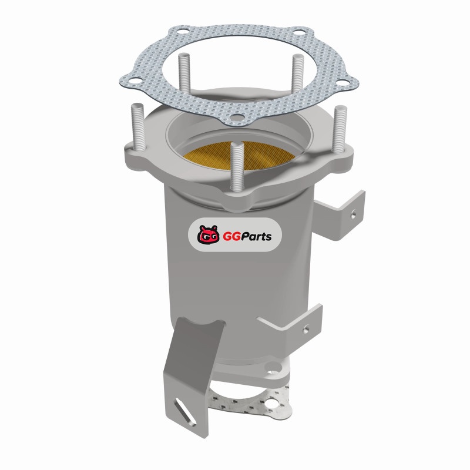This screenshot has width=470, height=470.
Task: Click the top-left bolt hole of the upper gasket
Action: click(x=183, y=31)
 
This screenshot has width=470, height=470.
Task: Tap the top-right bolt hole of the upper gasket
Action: click(x=298, y=32)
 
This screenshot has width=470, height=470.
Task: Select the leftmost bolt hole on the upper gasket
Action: click(x=135, y=80)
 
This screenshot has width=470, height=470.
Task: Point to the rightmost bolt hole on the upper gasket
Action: click(x=342, y=82)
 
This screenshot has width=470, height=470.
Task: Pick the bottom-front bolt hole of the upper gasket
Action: click(x=237, y=117)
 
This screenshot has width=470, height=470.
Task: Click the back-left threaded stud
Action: click(x=184, y=73)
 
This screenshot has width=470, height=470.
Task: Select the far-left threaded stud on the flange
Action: click(x=138, y=127)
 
